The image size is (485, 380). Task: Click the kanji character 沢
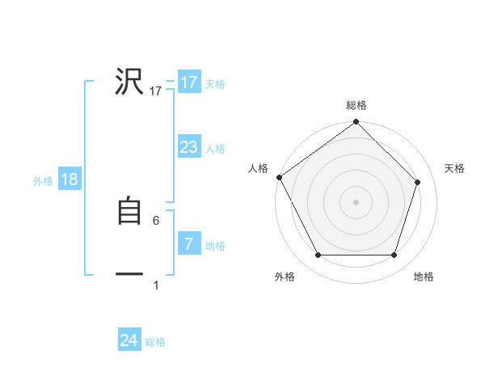[129, 82]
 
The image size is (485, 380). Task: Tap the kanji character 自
[129, 211]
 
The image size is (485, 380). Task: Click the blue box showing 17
[188, 82]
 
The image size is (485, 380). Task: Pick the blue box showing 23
[188, 147]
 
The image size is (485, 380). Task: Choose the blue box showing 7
[188, 244]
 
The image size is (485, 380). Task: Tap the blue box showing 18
[70, 179]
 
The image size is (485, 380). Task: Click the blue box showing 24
[129, 340]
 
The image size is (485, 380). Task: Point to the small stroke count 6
[156, 221]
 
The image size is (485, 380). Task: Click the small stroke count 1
[156, 285]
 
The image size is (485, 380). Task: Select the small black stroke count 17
[156, 91]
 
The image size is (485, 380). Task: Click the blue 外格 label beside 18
[43, 181]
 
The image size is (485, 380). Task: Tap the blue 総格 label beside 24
[155, 342]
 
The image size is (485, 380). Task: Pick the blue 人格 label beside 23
[215, 149]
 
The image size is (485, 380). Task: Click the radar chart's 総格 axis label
[356, 106]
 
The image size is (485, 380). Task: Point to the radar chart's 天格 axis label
[455, 168]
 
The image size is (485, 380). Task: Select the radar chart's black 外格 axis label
[285, 277]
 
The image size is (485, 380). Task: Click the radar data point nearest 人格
[279, 177]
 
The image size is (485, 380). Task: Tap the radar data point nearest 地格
[394, 255]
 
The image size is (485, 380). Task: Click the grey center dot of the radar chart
[356, 202]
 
